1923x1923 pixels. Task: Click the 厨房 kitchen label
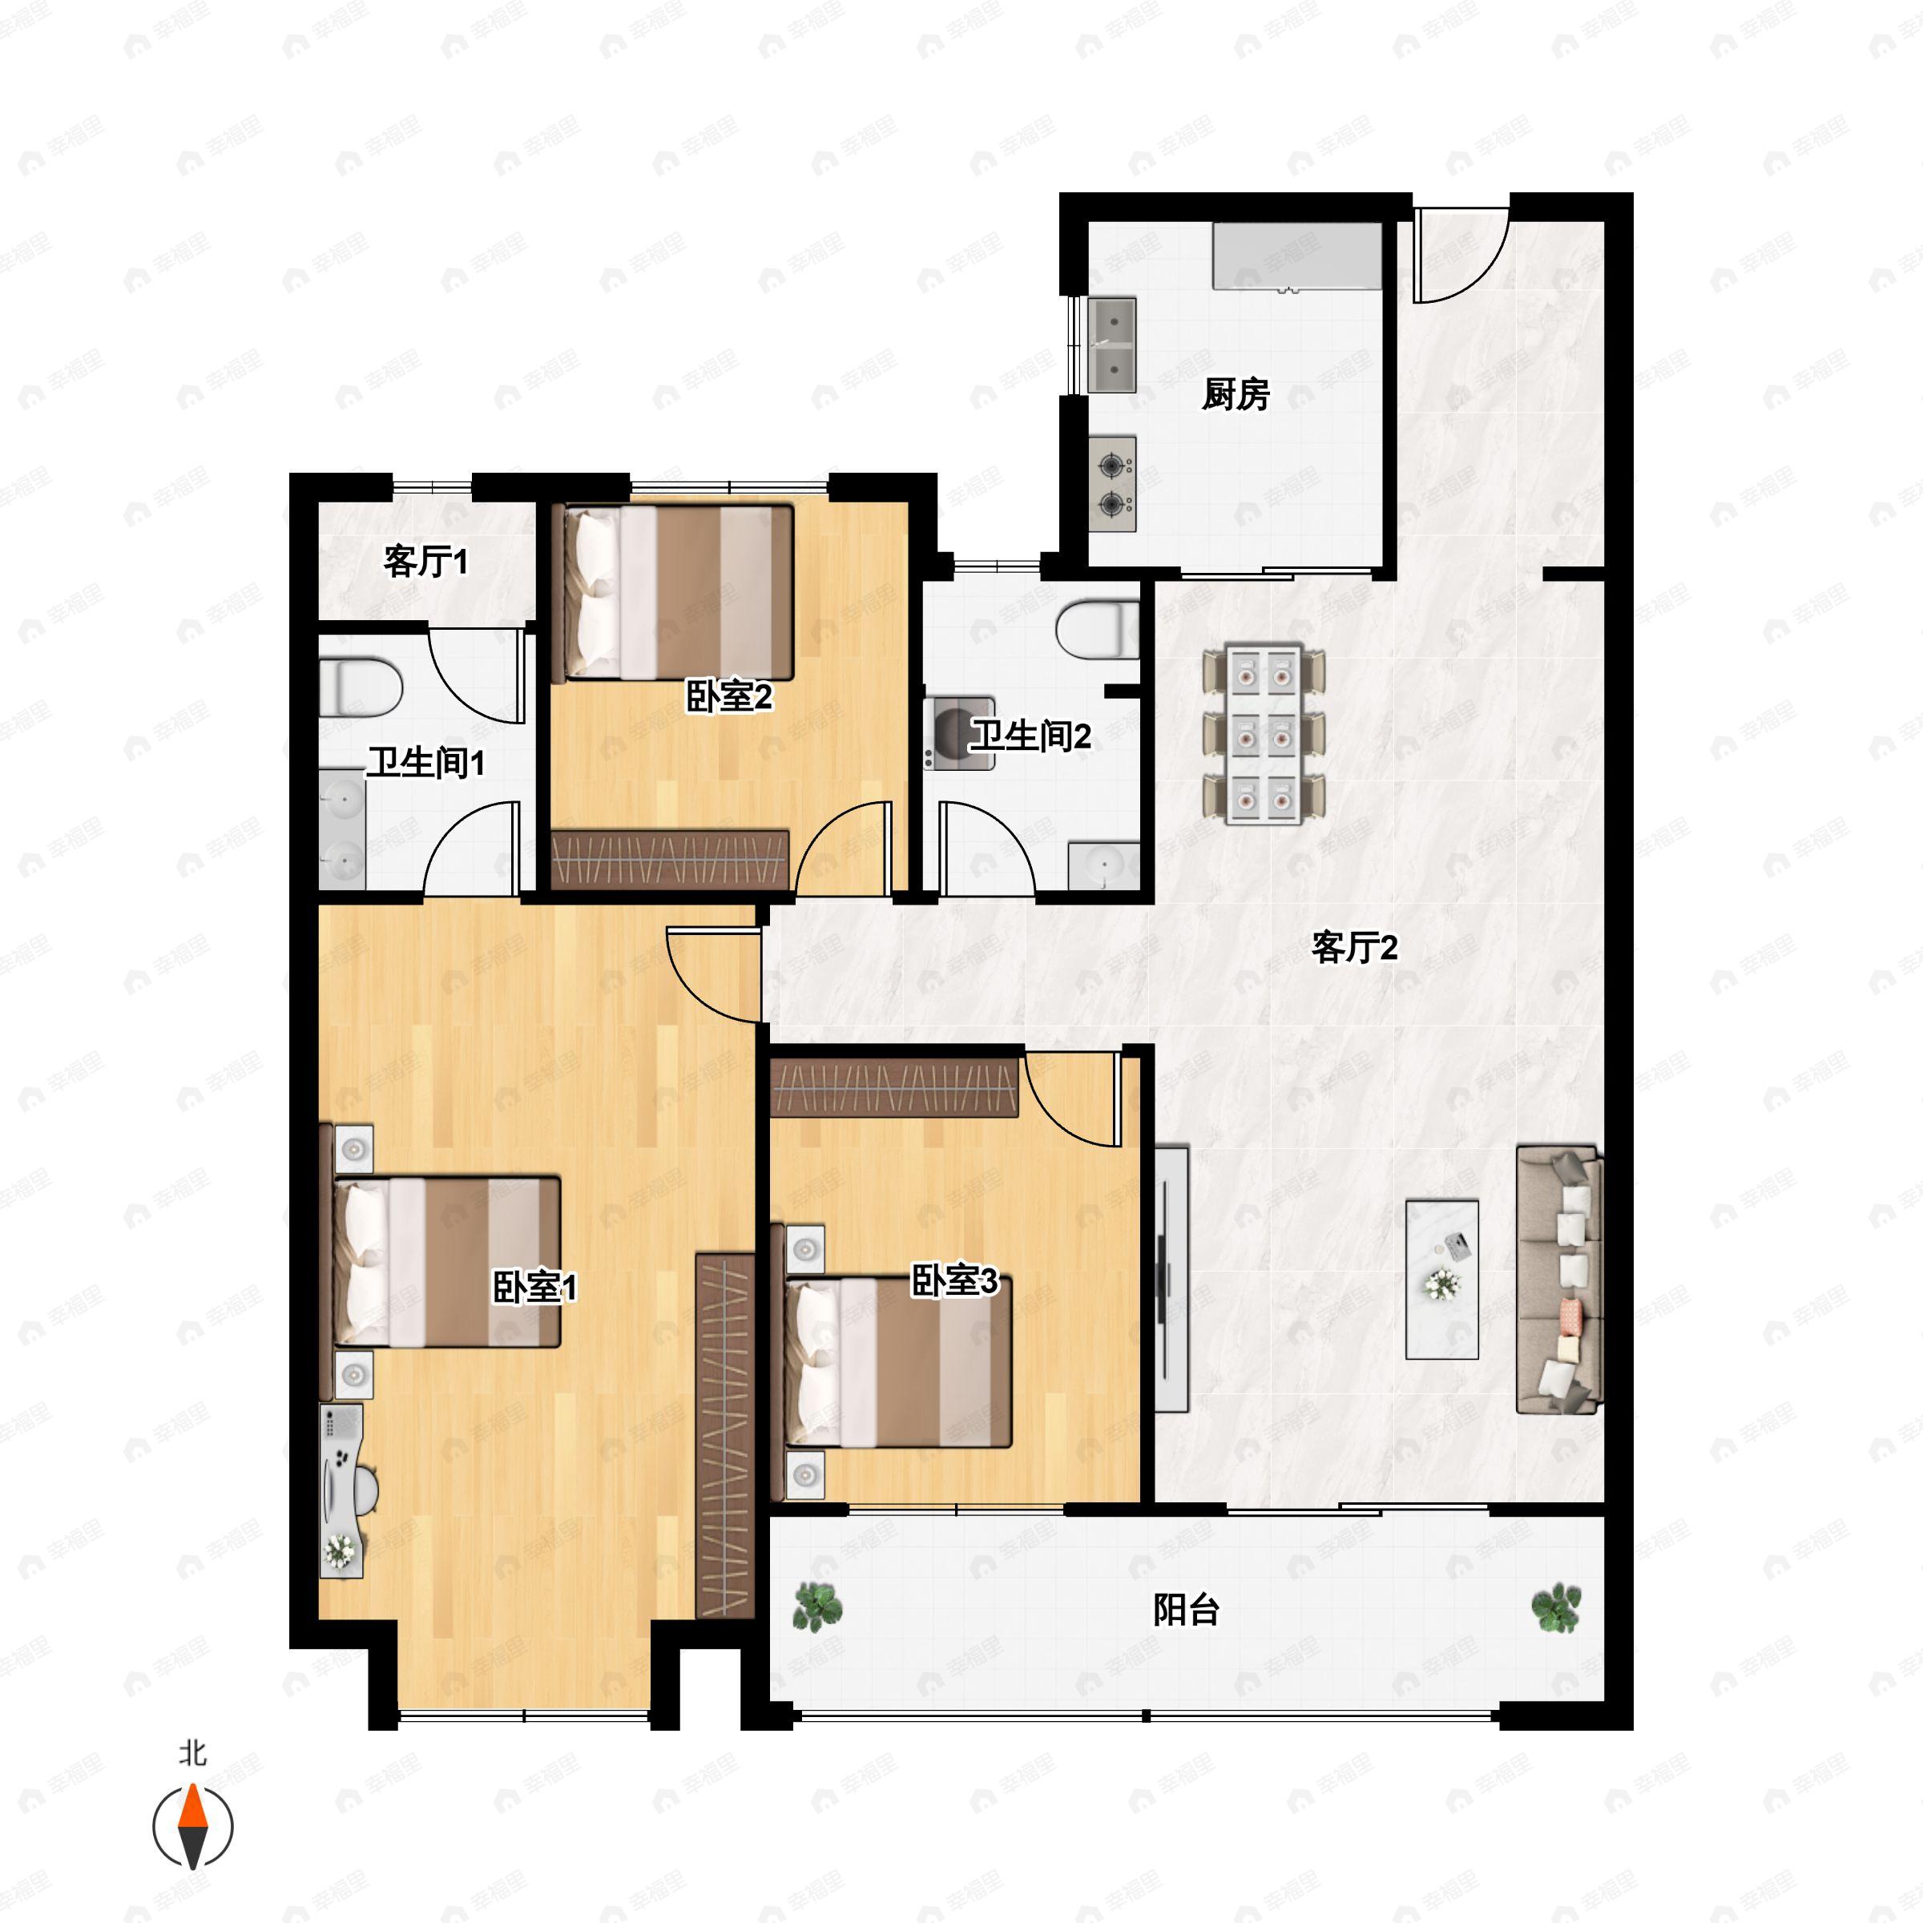1236,394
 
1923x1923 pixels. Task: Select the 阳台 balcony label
1187,1610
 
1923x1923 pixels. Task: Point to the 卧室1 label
534,1287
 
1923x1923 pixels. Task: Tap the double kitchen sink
1113,345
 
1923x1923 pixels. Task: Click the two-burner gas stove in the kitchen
1113,485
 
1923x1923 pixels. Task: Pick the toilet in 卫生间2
1098,629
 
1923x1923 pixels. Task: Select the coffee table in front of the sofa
1441,1279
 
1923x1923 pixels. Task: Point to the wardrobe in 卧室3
895,1087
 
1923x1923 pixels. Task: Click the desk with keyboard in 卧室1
341,1490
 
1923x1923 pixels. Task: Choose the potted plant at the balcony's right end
1556,1608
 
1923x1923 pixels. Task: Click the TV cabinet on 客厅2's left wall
1172,1279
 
